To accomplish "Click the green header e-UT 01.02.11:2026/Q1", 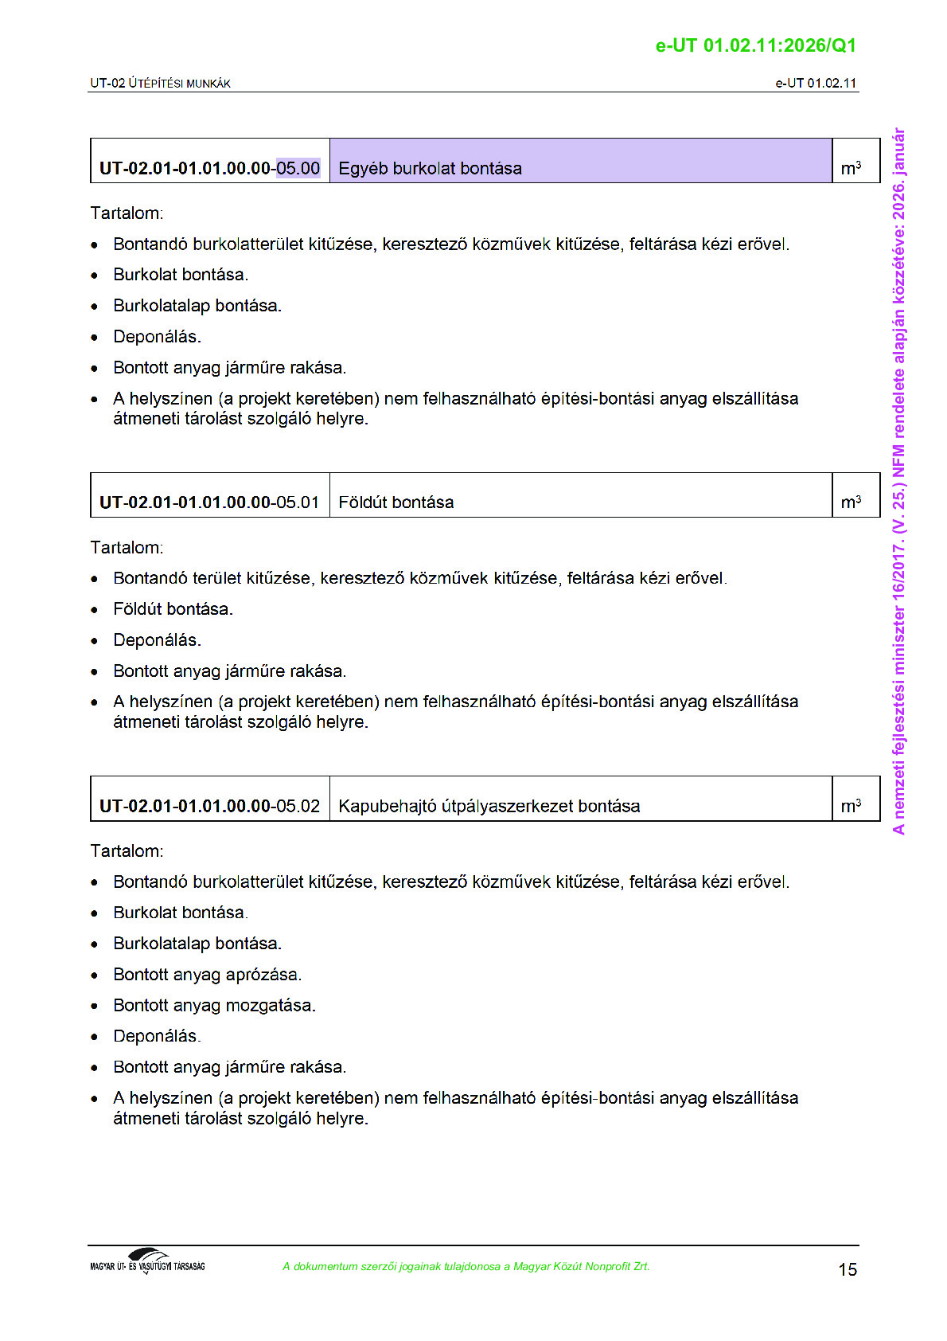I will (755, 45).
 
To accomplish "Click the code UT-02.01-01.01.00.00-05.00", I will (209, 168).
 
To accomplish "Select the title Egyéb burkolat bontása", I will (430, 168).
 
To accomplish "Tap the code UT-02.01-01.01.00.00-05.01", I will (209, 502).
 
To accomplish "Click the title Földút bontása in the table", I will (396, 502).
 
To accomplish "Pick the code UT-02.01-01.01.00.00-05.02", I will (209, 806).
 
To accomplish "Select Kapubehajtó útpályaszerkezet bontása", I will (489, 806).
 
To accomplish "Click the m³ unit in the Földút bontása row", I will (851, 502).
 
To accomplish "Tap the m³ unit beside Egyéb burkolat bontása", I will (851, 168).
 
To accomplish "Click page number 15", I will (848, 1269).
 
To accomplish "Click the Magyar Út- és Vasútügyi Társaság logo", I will (147, 1261).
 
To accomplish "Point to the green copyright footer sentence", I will (466, 1266).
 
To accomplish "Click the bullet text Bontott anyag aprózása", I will (207, 974).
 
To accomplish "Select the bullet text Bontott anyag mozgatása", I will (214, 1005).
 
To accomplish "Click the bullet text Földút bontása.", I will (173, 609).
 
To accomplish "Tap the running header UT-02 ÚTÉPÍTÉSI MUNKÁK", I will (160, 83).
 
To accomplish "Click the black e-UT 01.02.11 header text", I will (816, 83).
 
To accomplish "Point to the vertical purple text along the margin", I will (898, 481).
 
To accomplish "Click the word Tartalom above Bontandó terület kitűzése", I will (127, 547).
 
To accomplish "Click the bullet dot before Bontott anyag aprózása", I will (95, 975).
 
